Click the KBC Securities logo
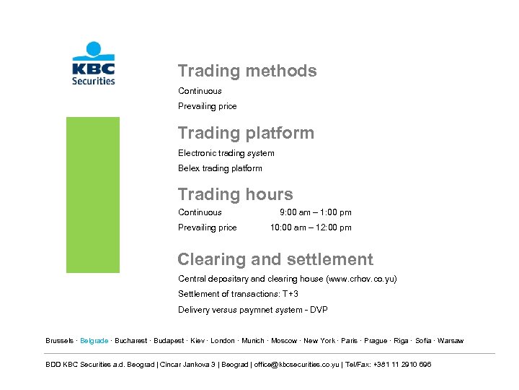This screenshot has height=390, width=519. click(x=93, y=64)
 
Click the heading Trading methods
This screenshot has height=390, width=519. click(x=247, y=71)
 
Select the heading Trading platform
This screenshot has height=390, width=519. click(x=246, y=133)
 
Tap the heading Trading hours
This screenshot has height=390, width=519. click(x=235, y=194)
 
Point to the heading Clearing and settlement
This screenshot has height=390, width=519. click(x=275, y=259)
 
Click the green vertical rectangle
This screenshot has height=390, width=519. click(x=93, y=195)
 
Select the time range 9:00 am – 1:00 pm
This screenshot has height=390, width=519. click(x=315, y=212)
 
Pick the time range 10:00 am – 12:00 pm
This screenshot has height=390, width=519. click(x=311, y=227)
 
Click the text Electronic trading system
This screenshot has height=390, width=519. click(x=226, y=153)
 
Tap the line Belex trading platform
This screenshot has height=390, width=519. click(x=220, y=168)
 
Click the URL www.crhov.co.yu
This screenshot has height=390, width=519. click(x=361, y=279)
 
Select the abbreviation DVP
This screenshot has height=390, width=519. click(x=319, y=310)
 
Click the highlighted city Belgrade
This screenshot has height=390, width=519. click(x=94, y=341)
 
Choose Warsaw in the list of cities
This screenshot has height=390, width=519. click(x=451, y=341)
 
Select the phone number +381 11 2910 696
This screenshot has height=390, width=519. click(x=403, y=365)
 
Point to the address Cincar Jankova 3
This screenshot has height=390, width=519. click(x=190, y=365)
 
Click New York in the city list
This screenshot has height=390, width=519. click(x=319, y=341)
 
